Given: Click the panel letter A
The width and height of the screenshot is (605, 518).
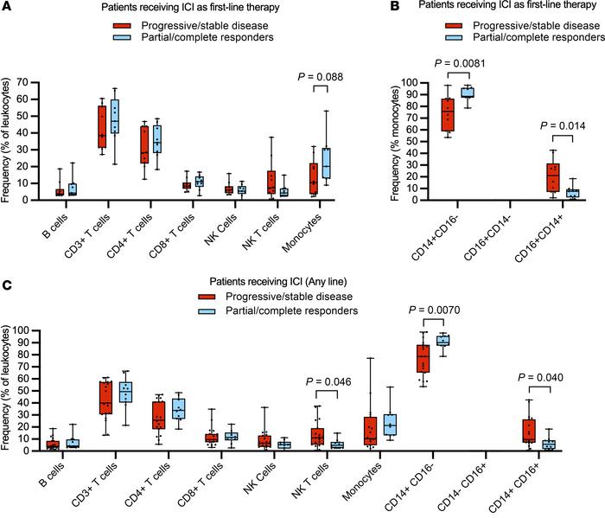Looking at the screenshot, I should coord(7,8).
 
